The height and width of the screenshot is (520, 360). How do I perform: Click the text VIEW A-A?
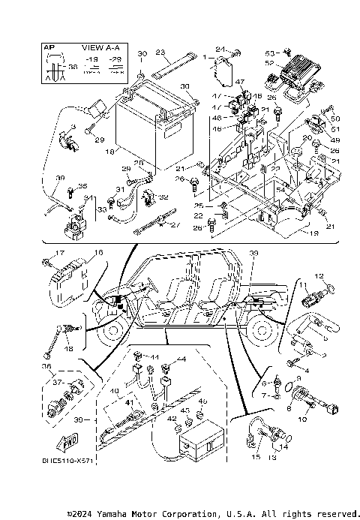(94, 47)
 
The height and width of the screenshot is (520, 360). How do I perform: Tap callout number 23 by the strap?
(160, 53)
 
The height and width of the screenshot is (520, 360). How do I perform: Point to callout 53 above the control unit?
(268, 52)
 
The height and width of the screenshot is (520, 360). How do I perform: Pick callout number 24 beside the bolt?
(220, 50)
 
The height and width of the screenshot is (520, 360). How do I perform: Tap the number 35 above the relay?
(82, 186)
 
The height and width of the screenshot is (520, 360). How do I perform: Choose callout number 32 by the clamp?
(163, 197)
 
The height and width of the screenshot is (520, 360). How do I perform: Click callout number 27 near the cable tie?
(175, 224)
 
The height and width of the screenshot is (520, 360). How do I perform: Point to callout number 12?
(317, 276)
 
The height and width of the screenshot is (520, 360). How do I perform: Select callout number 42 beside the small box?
(170, 419)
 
